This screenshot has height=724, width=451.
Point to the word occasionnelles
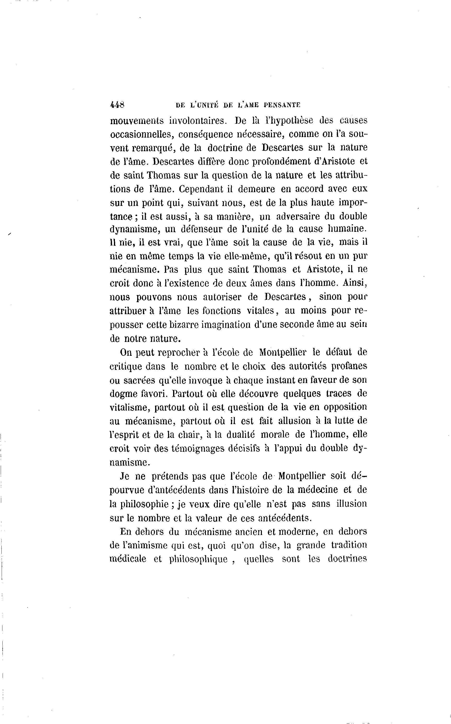tap(142, 134)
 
